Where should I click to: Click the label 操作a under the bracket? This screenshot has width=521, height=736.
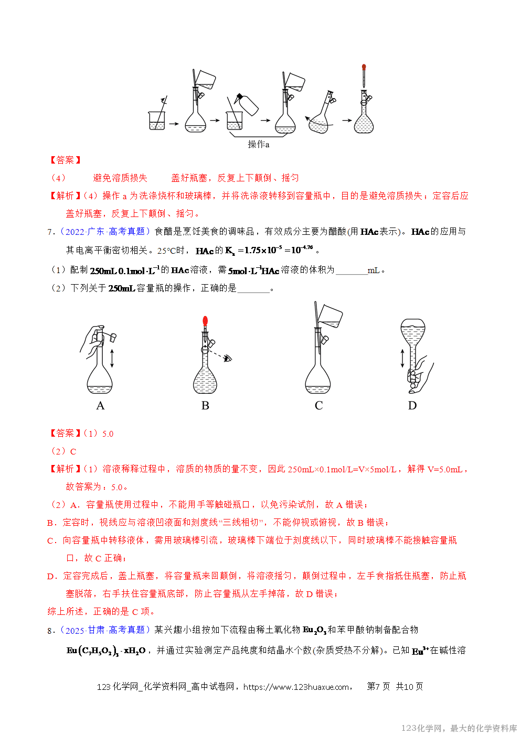(x=259, y=144)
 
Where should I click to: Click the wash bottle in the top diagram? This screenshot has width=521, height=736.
(x=247, y=104)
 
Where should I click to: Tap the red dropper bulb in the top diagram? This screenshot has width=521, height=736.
(x=364, y=67)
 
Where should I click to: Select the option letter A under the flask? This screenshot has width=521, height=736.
(x=100, y=406)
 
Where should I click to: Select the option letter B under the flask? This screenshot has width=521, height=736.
(x=205, y=406)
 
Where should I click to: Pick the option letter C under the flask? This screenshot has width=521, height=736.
(x=318, y=406)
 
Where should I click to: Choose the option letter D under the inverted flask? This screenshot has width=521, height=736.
(x=412, y=406)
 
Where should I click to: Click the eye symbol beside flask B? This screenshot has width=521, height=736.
(x=228, y=359)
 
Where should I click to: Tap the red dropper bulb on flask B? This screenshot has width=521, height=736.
(x=205, y=321)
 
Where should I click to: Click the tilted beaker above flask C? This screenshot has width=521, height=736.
(x=330, y=316)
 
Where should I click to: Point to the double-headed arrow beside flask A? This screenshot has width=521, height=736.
(x=112, y=358)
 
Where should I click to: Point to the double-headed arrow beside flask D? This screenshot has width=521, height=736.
(x=402, y=358)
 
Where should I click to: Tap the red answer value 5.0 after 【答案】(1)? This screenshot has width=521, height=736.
(x=108, y=434)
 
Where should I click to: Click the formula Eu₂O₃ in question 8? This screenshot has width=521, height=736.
(x=314, y=630)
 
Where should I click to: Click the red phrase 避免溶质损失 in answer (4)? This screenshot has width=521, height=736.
(x=120, y=178)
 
